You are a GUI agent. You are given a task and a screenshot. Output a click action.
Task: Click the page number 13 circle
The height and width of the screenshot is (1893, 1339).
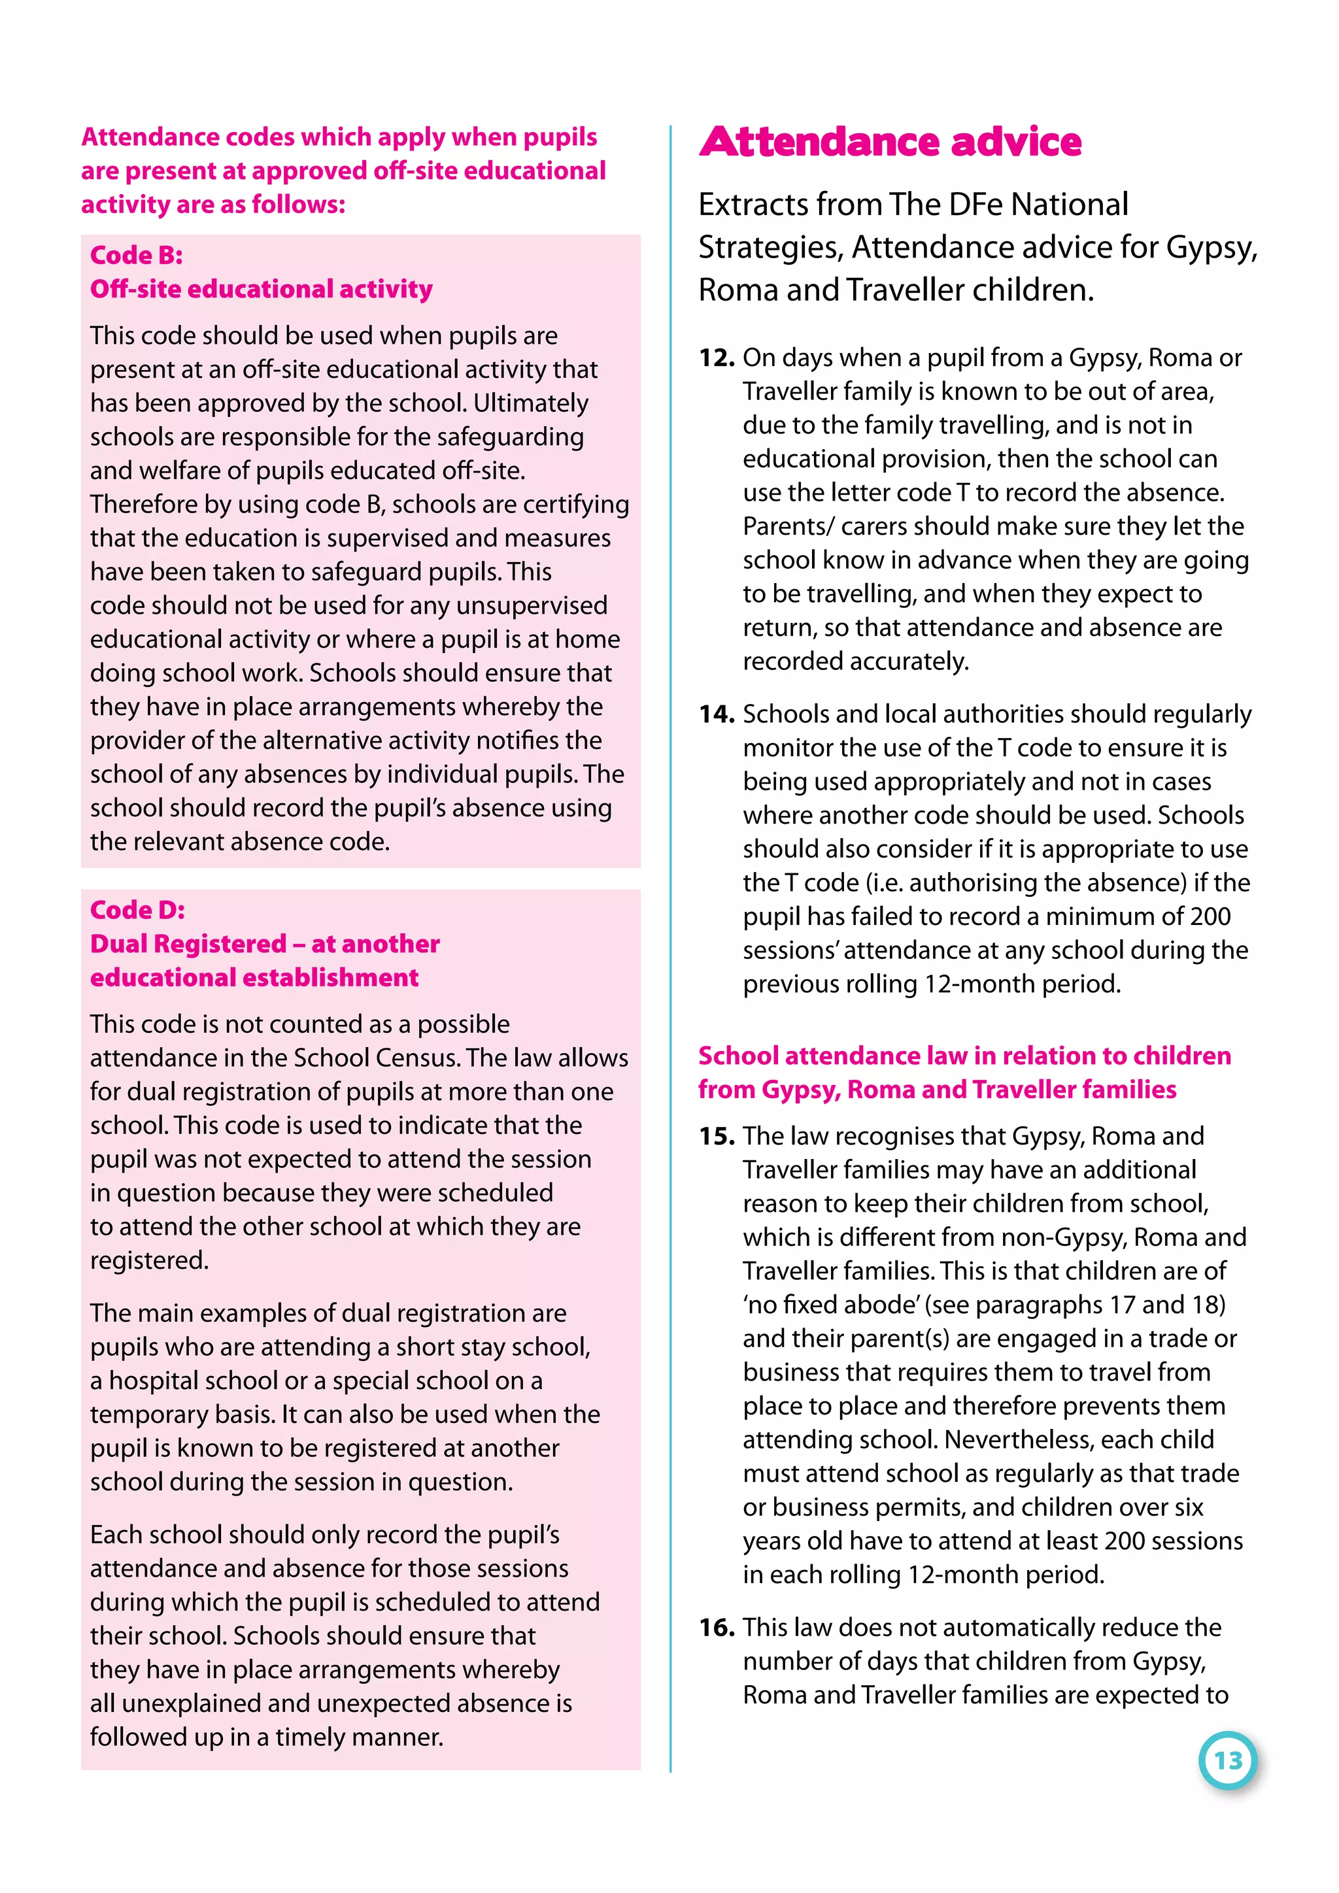pyautogui.click(x=1228, y=1760)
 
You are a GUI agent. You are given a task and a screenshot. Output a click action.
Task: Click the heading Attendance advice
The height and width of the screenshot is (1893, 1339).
pyautogui.click(x=890, y=142)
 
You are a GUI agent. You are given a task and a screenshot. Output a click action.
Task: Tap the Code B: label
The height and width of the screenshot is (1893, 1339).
pyautogui.click(x=136, y=255)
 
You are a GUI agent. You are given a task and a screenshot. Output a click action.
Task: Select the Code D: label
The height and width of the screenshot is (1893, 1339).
pyautogui.click(x=137, y=909)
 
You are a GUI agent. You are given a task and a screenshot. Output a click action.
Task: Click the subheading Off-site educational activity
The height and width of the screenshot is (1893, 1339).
pyautogui.click(x=261, y=288)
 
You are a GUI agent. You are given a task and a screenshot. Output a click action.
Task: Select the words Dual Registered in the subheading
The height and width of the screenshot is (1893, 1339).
pyautogui.click(x=189, y=943)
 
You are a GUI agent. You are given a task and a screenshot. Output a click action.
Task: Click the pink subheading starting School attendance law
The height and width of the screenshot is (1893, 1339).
pyautogui.click(x=964, y=1072)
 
